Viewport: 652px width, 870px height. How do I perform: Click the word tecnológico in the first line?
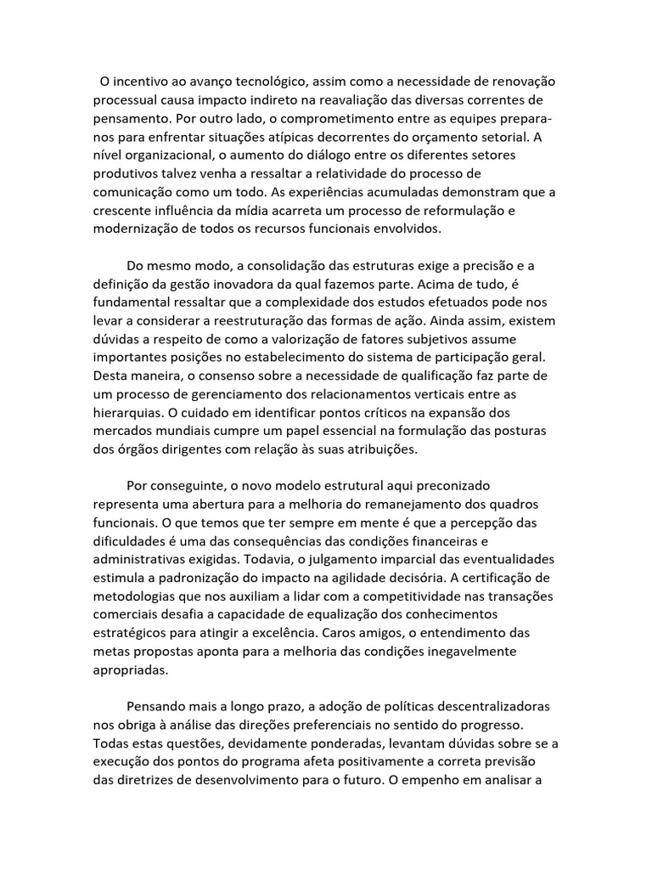pyautogui.click(x=261, y=82)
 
